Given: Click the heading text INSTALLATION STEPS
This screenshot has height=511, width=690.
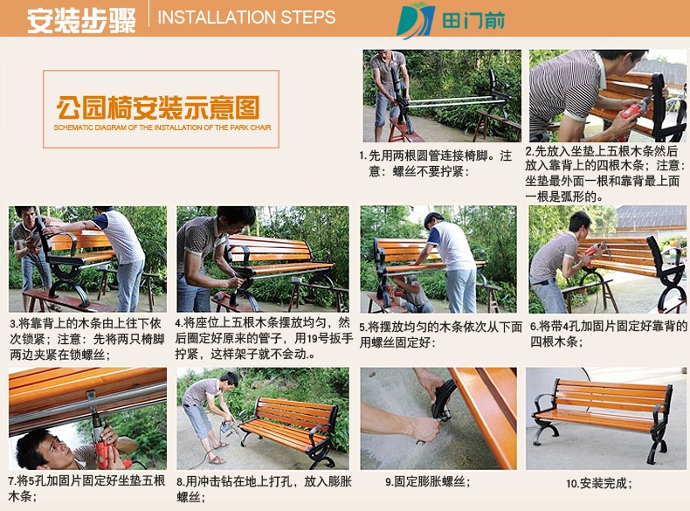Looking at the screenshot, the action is [246, 17].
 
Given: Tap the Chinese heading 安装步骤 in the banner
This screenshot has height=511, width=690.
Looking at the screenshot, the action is [81, 20].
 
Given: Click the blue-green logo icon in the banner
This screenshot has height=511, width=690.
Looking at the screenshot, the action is [416, 20].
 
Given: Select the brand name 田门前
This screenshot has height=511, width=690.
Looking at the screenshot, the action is [473, 21].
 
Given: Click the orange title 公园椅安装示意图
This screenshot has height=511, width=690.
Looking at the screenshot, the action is [158, 107].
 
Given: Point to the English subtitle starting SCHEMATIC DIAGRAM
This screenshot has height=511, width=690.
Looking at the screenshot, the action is [162, 128].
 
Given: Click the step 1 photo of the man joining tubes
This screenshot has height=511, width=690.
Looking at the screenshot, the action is [442, 95].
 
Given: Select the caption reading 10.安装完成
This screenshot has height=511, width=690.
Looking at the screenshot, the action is [599, 483].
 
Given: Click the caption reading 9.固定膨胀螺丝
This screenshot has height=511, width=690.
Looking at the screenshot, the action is [428, 481].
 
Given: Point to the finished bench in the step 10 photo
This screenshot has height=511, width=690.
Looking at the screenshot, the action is [603, 418].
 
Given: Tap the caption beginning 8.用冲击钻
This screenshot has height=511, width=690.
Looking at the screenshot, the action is [264, 489].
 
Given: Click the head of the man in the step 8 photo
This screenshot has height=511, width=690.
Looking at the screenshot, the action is [229, 380].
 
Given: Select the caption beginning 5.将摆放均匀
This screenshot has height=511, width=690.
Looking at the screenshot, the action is [440, 335].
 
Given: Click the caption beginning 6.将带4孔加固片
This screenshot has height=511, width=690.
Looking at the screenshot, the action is [609, 334].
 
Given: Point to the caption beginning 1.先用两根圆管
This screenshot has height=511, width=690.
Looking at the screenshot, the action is [436, 162].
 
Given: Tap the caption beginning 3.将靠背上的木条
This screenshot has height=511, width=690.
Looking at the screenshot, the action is [87, 339].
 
